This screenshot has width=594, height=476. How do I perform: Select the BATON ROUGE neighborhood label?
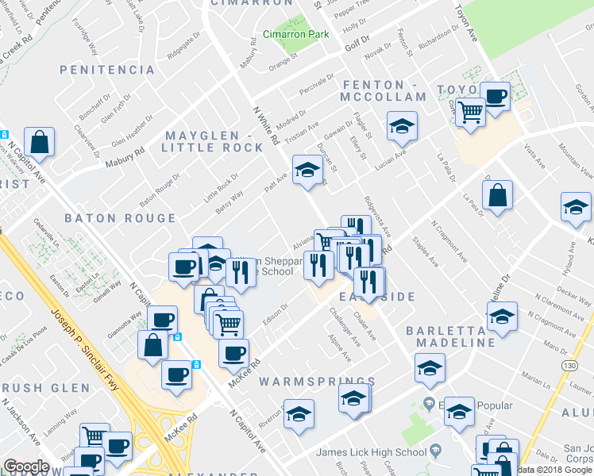120,218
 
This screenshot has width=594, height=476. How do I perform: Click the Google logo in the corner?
26,466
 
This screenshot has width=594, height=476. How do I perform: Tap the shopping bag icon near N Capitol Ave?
39,143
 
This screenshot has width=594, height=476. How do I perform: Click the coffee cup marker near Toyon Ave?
496,98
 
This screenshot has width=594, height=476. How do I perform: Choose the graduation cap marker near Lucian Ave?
402,126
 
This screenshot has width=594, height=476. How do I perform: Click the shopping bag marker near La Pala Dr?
497,194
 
